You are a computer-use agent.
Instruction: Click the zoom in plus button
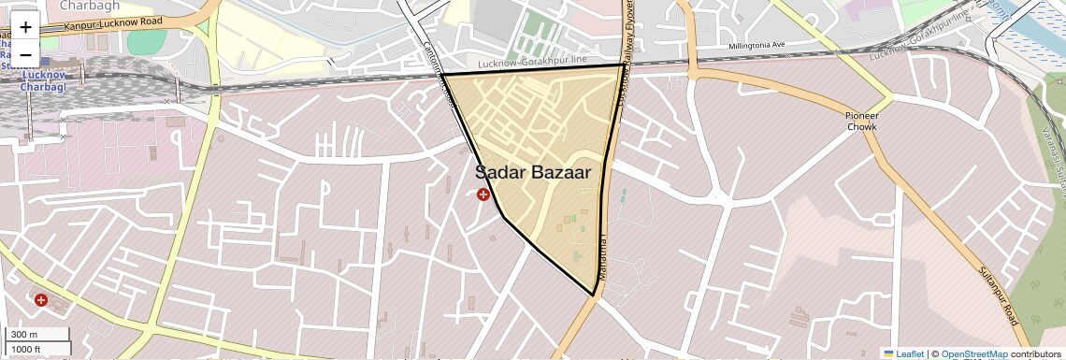[25, 27]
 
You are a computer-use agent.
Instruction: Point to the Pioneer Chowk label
[861, 121]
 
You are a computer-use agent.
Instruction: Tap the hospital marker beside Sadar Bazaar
[483, 194]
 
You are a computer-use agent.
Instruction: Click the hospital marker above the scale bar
[41, 300]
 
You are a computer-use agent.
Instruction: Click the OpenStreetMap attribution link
[973, 353]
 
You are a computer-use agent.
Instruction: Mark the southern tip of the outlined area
[594, 295]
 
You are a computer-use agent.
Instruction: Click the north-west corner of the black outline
[442, 74]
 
